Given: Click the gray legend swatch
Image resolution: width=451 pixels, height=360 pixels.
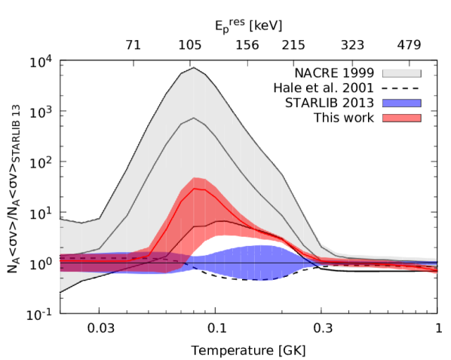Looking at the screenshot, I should (x=401, y=74).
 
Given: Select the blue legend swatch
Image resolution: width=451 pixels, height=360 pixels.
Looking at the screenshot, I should (x=401, y=103).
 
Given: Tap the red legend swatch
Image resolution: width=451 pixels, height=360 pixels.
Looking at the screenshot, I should (x=401, y=118).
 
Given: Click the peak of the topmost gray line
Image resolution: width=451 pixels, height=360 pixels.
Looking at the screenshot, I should (x=194, y=68).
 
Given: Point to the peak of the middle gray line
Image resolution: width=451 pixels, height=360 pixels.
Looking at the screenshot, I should (x=194, y=118).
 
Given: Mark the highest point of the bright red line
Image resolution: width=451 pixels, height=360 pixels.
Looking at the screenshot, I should (x=195, y=188).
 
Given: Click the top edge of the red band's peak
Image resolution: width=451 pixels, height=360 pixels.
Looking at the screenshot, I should (x=195, y=177).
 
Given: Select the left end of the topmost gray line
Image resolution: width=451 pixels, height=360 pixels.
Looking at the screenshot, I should (x=60, y=219).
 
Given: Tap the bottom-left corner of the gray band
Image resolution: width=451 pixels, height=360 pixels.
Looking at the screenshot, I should (x=60, y=292).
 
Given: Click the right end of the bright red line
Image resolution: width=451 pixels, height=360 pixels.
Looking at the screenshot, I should (x=437, y=269).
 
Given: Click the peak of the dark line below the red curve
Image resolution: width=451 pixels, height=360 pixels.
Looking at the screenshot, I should (x=220, y=221).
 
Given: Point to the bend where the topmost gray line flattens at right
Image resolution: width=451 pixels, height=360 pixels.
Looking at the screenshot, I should (x=323, y=247).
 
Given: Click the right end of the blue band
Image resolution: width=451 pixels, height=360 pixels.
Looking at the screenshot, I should (x=436, y=263).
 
